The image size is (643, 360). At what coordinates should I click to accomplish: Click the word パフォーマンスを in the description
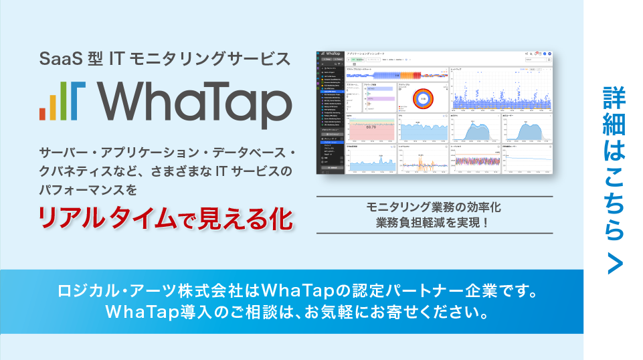click(88, 190)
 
